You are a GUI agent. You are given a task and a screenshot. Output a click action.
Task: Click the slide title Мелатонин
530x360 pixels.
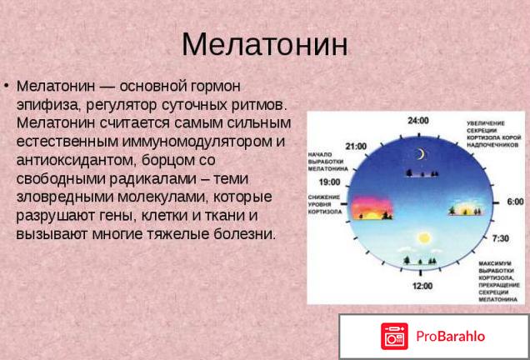tap(264, 45)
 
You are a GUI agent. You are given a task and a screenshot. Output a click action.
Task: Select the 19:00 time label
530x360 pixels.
tap(330, 181)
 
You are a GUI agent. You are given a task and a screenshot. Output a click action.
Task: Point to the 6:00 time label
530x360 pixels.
tap(515, 202)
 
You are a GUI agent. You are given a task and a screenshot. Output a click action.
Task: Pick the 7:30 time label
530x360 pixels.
tap(500, 238)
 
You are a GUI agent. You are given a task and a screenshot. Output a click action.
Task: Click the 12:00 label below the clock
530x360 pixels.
tap(422, 286)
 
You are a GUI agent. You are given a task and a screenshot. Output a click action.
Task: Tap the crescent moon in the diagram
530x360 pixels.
tap(422, 153)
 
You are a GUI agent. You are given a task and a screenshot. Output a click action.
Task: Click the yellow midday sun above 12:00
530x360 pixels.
tap(423, 238)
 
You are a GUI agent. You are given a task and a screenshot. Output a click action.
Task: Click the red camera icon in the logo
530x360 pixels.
tap(394, 336)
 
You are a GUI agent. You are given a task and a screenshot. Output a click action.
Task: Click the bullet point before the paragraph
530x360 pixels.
tap(7, 86)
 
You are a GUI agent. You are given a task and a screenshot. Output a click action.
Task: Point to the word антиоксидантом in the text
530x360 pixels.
tap(68, 160)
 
